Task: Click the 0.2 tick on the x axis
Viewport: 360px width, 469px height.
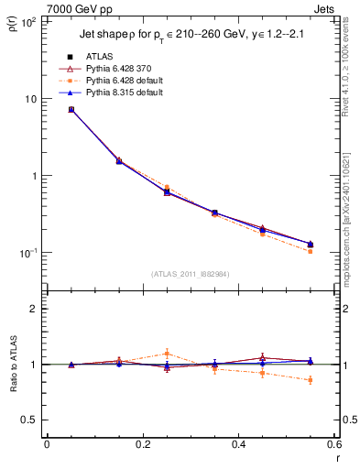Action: [142, 445]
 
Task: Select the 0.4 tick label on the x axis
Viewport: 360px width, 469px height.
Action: [238, 445]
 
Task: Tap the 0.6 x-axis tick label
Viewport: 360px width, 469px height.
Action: [333, 445]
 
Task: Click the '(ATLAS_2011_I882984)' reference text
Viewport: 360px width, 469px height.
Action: [190, 275]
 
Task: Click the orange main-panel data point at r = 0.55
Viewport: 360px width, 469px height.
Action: [310, 251]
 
